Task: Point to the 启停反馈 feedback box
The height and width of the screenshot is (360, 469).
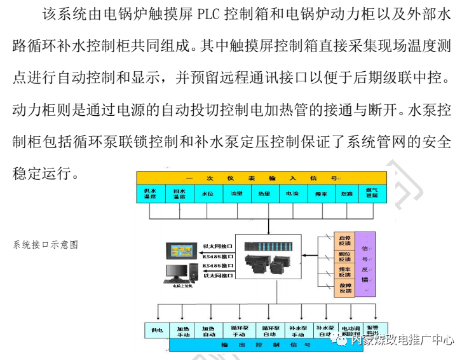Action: coord(344,240)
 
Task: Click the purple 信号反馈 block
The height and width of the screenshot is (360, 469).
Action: coord(365,264)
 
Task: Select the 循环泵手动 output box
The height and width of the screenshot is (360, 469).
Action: coord(238,330)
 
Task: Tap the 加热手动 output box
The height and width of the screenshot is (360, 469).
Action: coord(183,330)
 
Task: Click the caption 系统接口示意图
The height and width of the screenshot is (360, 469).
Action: coord(45,244)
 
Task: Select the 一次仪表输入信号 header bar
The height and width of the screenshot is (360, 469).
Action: coord(261,177)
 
